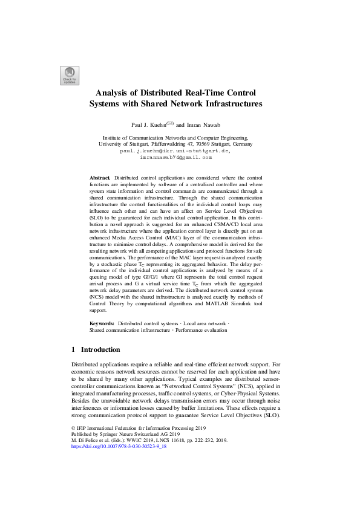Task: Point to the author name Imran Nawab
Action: (212, 124)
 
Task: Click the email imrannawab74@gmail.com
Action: (176, 157)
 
